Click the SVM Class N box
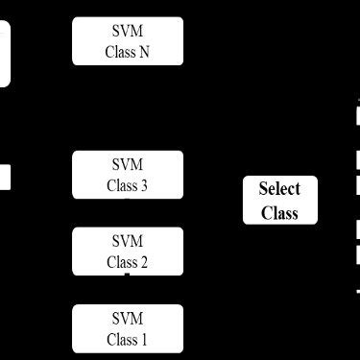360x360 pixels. coord(127,41)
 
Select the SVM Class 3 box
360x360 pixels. coord(127,174)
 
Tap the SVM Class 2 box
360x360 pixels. coord(127,251)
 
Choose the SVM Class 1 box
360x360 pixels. coord(127,328)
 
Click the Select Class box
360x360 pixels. coord(279,200)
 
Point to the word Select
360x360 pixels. coord(279,189)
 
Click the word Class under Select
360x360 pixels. coord(279,212)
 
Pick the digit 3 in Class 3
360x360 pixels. coord(144,185)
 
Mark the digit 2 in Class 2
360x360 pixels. coord(144,262)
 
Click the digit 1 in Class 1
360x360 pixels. coord(144,340)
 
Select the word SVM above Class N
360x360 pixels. coord(127,31)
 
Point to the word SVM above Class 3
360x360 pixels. coord(127,163)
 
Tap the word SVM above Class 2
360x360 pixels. coord(127,240)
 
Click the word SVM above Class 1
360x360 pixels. coord(127,318)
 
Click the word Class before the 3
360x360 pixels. coord(121,185)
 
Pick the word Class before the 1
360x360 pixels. coord(121,340)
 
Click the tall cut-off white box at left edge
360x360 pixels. coord(4,54)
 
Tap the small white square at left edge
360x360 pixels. coord(4,178)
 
